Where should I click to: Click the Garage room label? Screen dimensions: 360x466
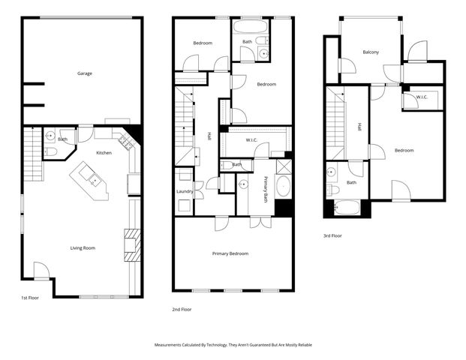[x=84, y=73]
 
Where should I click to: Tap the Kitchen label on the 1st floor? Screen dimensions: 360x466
[x=104, y=153]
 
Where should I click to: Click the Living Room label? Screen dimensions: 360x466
[x=83, y=248]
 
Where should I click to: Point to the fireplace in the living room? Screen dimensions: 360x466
[x=131, y=244]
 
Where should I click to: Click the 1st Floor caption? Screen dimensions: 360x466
[x=30, y=298]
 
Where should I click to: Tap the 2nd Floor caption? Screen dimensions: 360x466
[x=183, y=308]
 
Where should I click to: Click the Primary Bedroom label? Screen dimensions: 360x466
[x=230, y=253]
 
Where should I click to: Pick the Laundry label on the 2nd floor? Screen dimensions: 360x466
[x=184, y=191]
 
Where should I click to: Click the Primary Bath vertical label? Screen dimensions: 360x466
[x=266, y=189]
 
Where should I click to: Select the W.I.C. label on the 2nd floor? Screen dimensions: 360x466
[x=253, y=140]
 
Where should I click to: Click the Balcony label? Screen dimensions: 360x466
[x=370, y=52]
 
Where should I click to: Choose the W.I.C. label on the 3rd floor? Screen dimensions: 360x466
[x=422, y=96]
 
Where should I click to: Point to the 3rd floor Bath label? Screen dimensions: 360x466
[x=351, y=182]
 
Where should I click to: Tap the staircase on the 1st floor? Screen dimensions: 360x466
[x=31, y=154]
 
